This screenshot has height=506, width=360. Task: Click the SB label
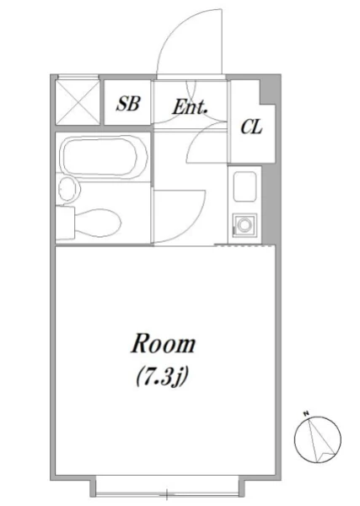[x=128, y=104]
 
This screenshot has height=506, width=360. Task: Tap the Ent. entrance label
[x=190, y=107]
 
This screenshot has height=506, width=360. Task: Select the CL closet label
[x=251, y=126]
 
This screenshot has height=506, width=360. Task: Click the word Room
[x=164, y=344]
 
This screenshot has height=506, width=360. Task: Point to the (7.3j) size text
[x=162, y=377]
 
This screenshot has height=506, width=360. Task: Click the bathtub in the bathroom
[x=105, y=157]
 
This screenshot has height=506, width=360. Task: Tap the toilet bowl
[x=98, y=222]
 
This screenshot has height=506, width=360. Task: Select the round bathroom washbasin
[x=68, y=189]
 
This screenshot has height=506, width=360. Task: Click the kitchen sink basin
[x=244, y=186]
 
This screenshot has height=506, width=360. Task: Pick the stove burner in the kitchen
[x=244, y=223]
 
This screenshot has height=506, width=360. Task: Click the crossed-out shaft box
[x=78, y=102]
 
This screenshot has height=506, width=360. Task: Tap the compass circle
[x=318, y=439]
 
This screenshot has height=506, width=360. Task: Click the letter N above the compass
[x=305, y=412]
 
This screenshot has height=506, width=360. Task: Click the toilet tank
[x=65, y=223]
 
